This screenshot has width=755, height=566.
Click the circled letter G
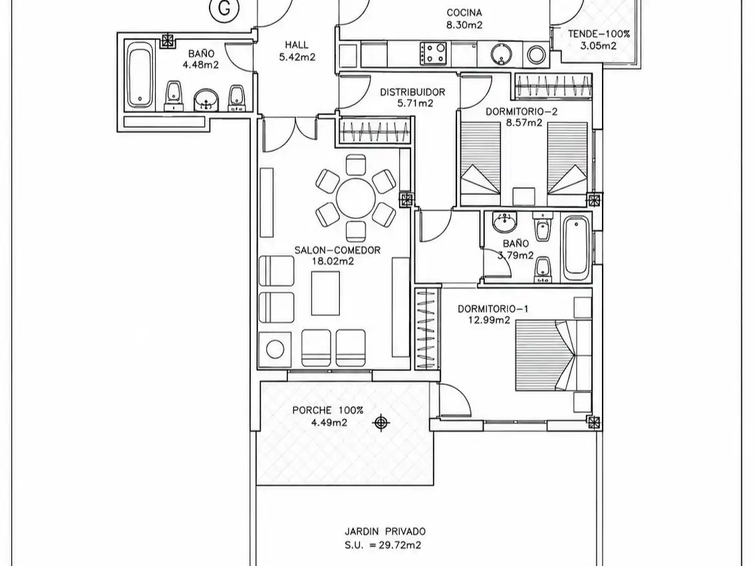pyautogui.click(x=224, y=8)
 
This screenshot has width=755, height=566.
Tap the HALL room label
pyautogui.click(x=297, y=45)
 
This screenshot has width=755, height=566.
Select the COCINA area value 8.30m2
pyautogui.click(x=464, y=25)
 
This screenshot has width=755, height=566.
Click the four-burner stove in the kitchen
pyautogui.click(x=434, y=53)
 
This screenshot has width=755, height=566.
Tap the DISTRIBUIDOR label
pyautogui.click(x=412, y=92)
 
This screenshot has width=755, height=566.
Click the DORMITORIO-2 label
pyautogui.click(x=522, y=112)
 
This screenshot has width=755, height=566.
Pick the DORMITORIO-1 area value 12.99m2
pyautogui.click(x=489, y=319)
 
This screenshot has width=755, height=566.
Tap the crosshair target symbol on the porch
pyautogui.click(x=381, y=422)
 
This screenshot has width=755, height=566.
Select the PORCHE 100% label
pyautogui.click(x=327, y=410)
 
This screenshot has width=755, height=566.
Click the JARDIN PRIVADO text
pyautogui.click(x=385, y=532)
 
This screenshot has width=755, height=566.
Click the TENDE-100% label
pyautogui.click(x=599, y=34)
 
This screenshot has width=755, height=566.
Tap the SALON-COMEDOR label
pyautogui.click(x=337, y=250)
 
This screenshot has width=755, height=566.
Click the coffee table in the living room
pyautogui.click(x=325, y=293)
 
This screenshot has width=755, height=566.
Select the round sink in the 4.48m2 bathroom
pyautogui.click(x=207, y=100)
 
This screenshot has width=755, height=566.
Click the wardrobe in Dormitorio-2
pyautogui.click(x=553, y=86)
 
